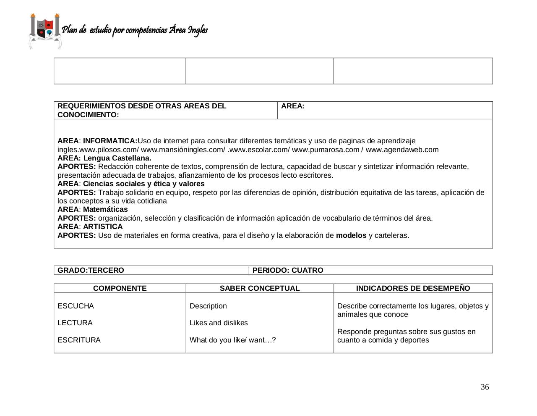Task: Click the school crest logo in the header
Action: [45, 31]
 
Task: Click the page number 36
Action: [485, 387]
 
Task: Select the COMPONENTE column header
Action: [120, 288]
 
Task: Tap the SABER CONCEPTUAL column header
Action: [260, 288]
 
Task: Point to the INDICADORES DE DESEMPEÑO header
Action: [413, 288]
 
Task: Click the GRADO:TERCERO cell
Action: [91, 270]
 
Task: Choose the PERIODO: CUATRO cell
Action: [288, 270]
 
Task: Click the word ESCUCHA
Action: [76, 306]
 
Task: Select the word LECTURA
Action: [75, 323]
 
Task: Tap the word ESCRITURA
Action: [79, 340]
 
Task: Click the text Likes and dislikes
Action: [219, 323]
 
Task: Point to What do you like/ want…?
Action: [232, 340]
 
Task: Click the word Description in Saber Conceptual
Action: [208, 306]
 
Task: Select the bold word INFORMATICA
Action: [109, 141]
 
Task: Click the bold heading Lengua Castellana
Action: [117, 158]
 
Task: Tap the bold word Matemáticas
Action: [105, 209]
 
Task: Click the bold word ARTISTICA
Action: [103, 226]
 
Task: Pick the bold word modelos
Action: [351, 235]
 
